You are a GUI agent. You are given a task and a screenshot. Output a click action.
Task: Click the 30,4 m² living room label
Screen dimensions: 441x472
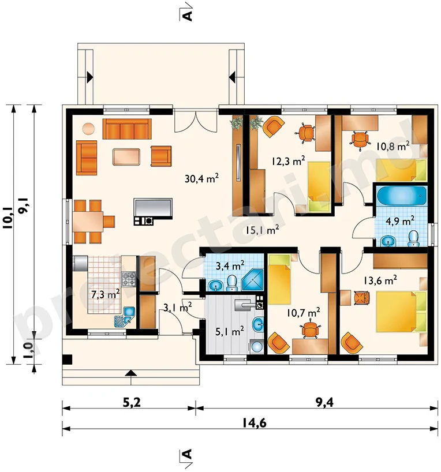(x=201, y=178)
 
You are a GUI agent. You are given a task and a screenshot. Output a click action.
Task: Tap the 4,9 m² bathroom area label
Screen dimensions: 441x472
(x=400, y=221)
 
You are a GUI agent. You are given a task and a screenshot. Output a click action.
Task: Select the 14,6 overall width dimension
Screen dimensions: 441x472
(x=254, y=423)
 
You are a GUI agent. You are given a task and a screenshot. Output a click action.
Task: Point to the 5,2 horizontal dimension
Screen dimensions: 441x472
(x=132, y=402)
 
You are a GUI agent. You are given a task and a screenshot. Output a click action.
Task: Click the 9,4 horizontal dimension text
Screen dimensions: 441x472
(x=324, y=402)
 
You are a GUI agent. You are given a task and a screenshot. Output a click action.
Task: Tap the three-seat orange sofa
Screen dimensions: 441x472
(x=127, y=129)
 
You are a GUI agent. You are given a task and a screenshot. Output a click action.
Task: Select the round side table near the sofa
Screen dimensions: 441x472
(x=88, y=129)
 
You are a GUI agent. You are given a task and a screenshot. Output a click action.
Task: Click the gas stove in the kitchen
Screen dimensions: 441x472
(x=129, y=279)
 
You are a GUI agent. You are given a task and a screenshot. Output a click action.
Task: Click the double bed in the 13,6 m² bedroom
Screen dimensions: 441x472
(x=402, y=311)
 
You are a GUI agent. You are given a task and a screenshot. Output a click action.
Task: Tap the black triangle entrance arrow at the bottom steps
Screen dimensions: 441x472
(x=130, y=373)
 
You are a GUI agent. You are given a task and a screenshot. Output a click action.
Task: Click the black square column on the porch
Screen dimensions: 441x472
(x=68, y=359)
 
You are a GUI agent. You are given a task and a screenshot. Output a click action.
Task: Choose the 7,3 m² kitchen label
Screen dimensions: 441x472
(x=106, y=294)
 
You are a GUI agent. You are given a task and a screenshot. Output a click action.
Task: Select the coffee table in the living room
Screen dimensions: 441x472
(x=126, y=156)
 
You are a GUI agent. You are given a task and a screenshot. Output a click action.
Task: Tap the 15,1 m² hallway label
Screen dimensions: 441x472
(x=262, y=230)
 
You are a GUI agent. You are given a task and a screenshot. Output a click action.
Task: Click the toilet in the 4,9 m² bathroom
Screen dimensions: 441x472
(x=413, y=239)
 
